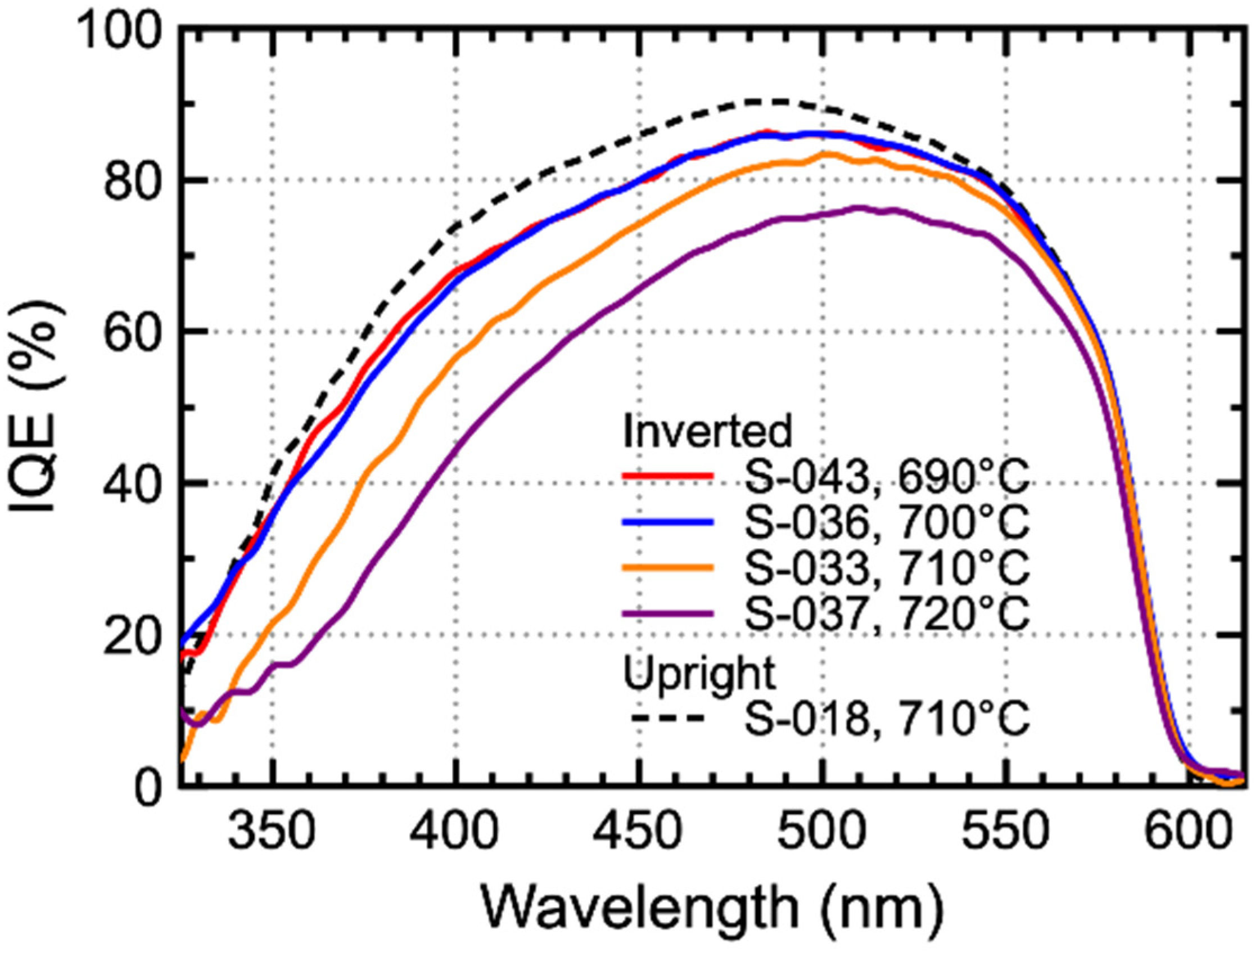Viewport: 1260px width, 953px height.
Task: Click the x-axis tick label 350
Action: [273, 833]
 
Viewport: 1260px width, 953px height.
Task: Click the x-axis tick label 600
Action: [1185, 833]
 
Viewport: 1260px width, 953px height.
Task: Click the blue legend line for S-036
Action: [667, 523]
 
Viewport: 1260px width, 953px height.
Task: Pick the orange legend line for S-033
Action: [667, 567]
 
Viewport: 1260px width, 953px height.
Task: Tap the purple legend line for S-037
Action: [667, 613]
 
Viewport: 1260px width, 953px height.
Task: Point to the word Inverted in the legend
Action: [707, 431]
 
